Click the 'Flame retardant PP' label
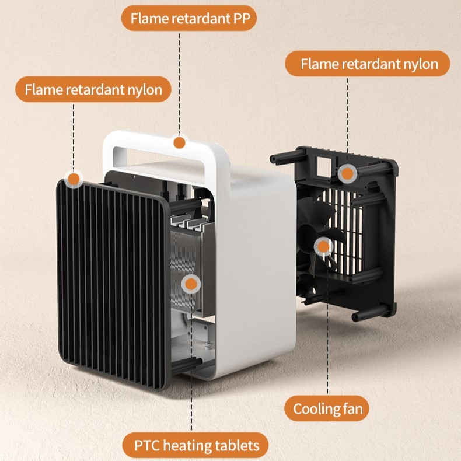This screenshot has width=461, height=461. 188,19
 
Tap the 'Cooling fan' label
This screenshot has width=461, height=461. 327,408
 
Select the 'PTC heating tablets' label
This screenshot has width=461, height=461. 195,446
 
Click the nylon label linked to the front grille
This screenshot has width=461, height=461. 93,90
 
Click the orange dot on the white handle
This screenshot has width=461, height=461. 180,142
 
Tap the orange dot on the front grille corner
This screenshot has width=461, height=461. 74,179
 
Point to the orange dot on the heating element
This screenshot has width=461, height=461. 190,285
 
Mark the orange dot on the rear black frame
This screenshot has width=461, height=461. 347,173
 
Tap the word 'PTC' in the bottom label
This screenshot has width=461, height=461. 147,446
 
